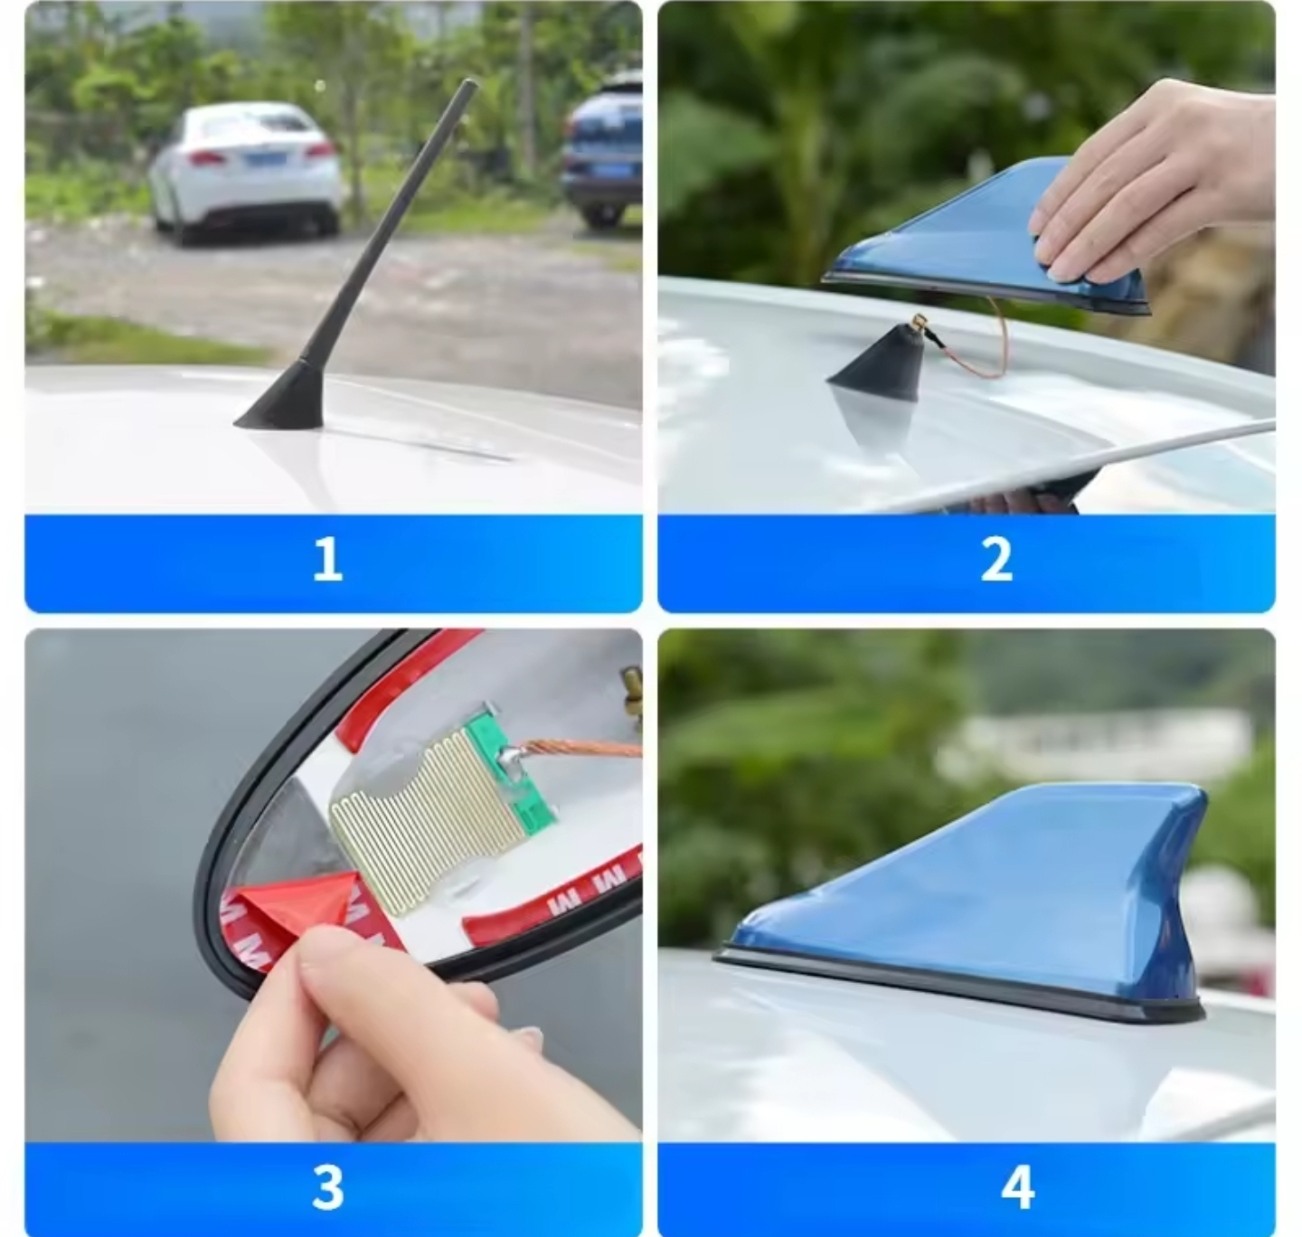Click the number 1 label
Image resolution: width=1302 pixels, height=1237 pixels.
[328, 559]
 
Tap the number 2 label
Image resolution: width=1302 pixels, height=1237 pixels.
[996, 559]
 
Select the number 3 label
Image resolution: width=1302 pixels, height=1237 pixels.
[328, 1187]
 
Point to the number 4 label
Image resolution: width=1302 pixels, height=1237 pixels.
[1018, 1187]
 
